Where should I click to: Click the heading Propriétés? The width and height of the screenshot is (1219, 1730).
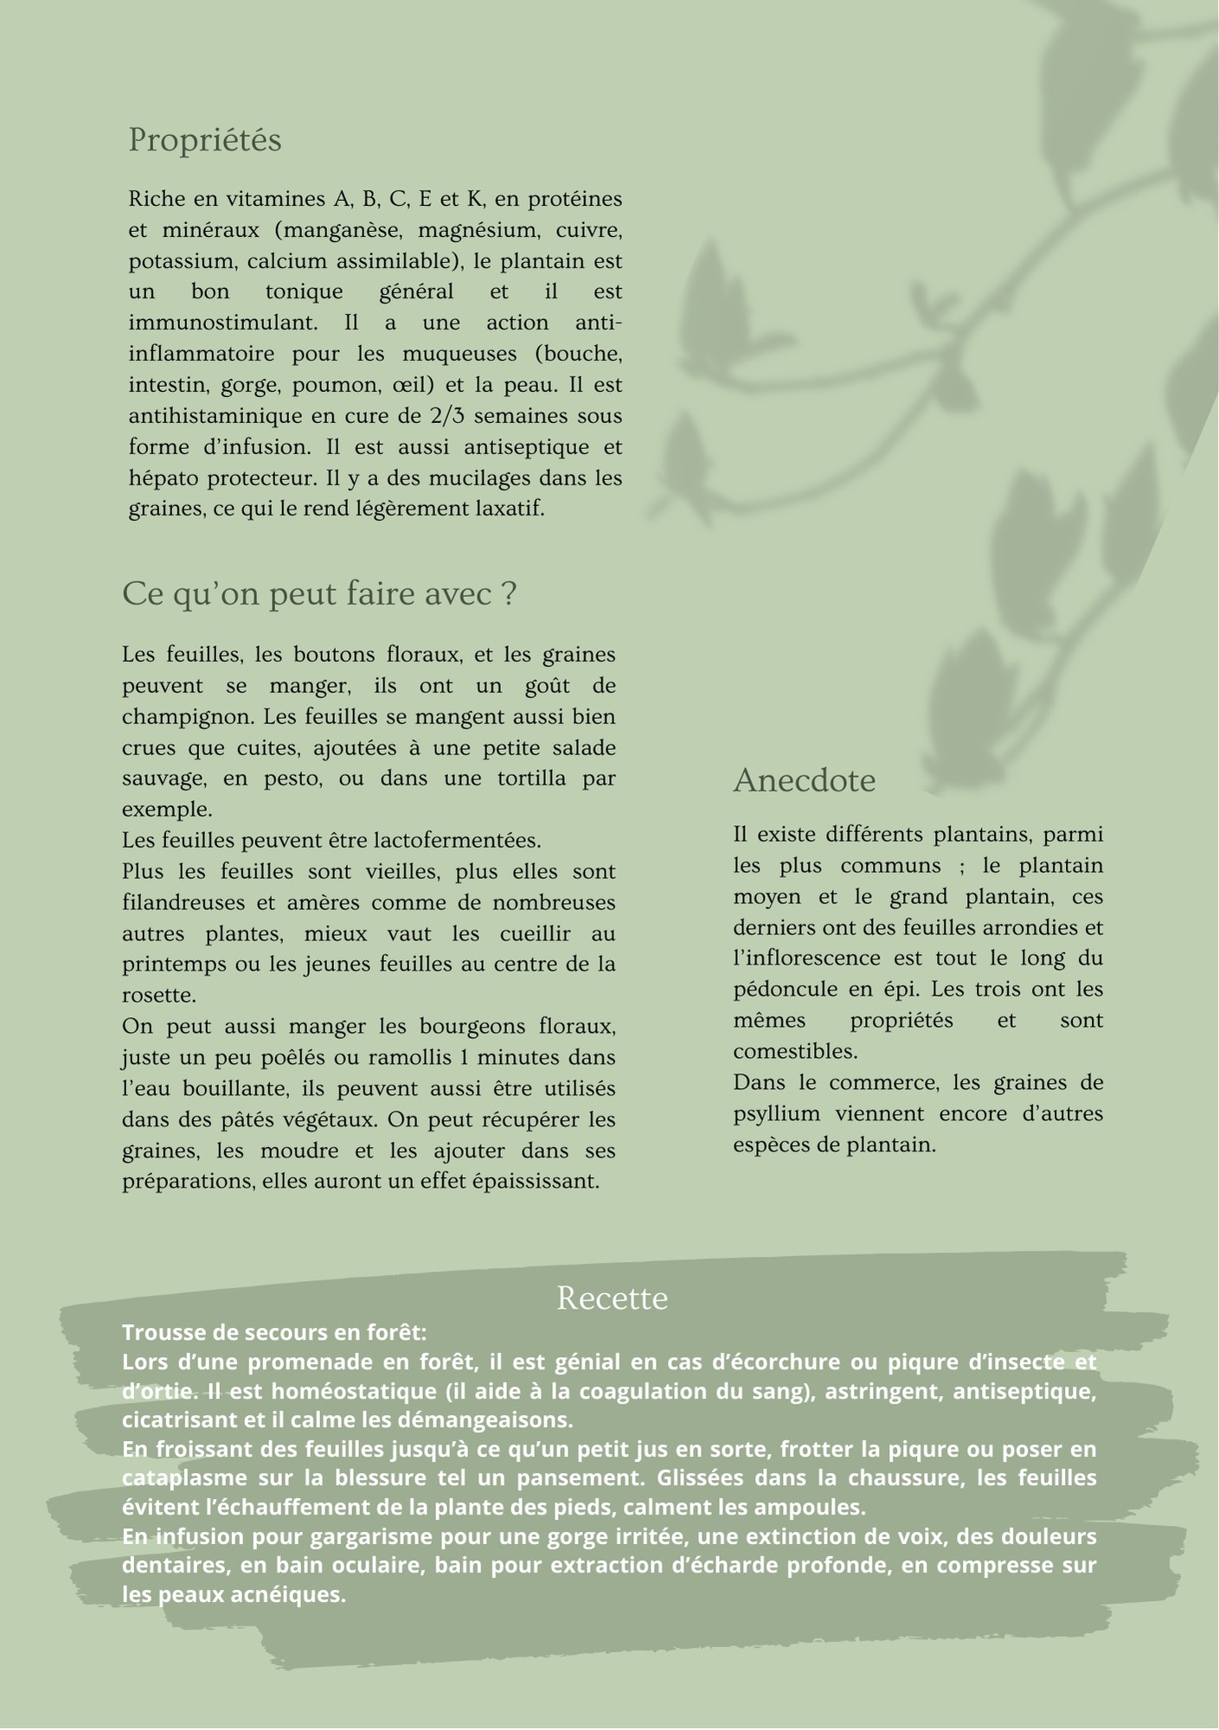click(205, 140)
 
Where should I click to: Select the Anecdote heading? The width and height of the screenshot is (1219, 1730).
click(805, 781)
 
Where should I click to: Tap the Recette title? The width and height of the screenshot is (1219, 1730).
click(612, 1298)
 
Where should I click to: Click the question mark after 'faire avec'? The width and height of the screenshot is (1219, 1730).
click(510, 594)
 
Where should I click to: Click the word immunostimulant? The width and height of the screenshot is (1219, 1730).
click(221, 323)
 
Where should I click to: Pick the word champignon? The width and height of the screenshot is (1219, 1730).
click(188, 717)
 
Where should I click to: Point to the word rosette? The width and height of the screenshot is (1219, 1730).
click(157, 996)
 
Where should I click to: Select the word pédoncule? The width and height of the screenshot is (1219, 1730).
click(784, 990)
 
